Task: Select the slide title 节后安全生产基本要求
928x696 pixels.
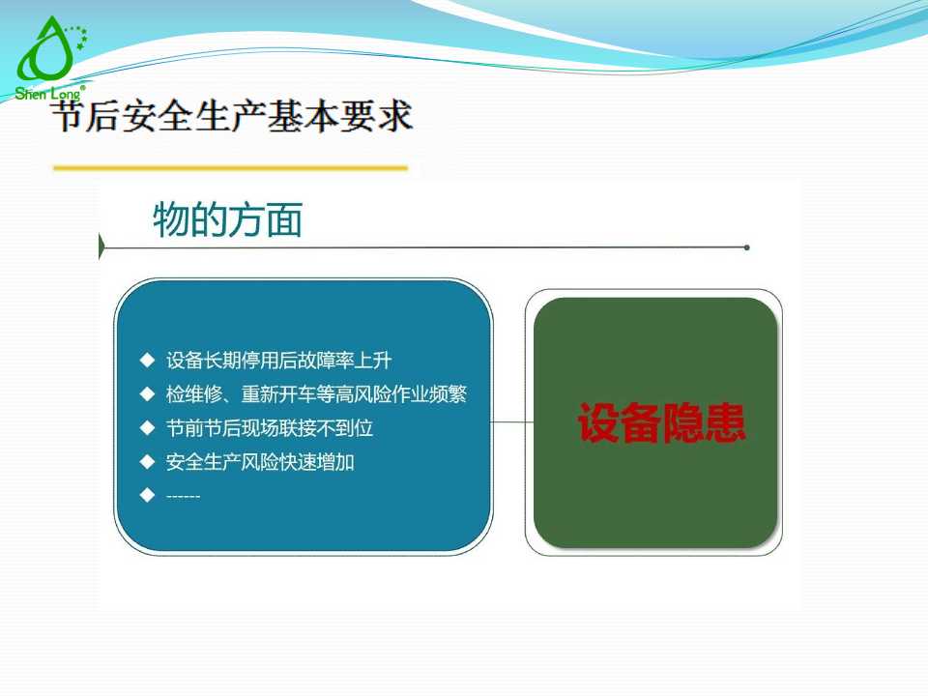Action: point(232,118)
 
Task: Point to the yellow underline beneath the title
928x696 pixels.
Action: point(230,168)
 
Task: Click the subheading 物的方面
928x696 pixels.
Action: point(228,220)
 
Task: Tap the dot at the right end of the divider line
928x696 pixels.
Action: point(747,247)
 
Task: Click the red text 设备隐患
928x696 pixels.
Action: point(661,423)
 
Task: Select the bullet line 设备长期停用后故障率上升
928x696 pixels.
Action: point(278,361)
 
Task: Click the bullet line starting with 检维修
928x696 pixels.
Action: point(316,394)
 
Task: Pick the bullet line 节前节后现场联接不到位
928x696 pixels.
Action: point(269,427)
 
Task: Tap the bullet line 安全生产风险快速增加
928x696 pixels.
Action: point(260,462)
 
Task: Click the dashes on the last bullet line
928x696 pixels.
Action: point(183,496)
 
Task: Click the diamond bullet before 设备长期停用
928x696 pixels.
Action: point(147,361)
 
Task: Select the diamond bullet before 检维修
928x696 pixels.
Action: point(147,394)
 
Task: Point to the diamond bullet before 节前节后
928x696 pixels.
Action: point(147,427)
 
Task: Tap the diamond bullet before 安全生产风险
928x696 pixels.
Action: point(147,461)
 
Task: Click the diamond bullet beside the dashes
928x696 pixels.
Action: point(147,495)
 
